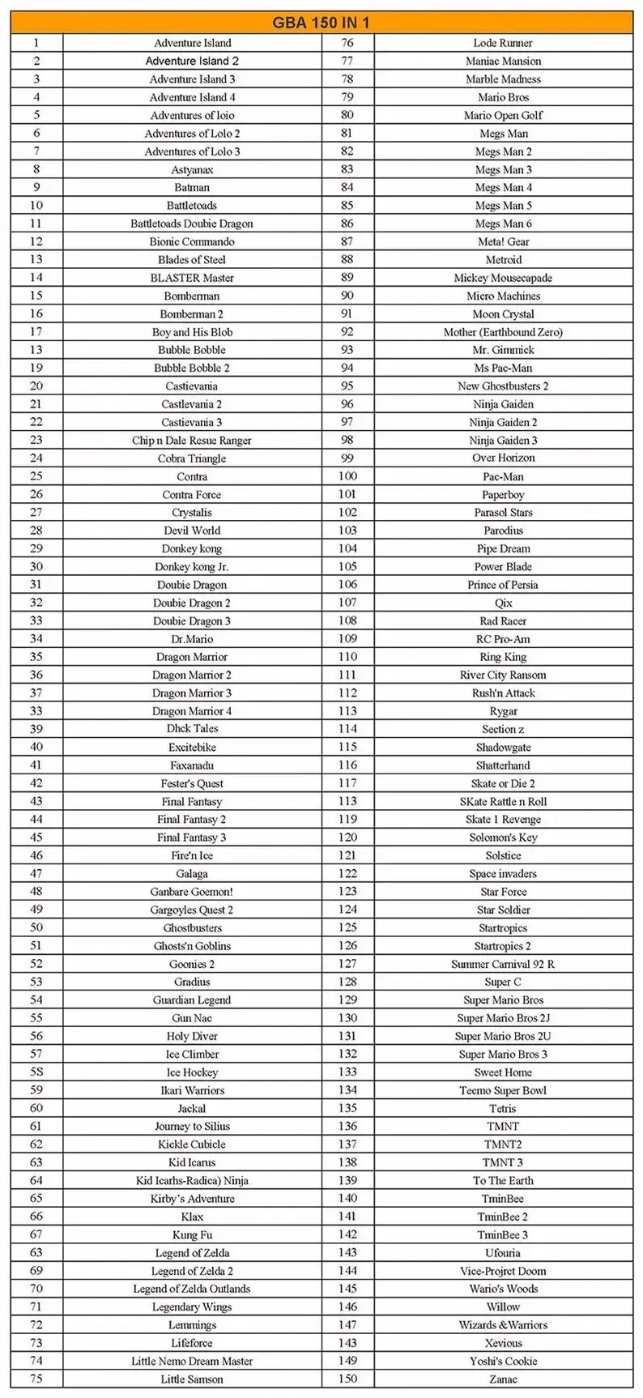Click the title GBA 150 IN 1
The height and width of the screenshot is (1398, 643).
coord(321,23)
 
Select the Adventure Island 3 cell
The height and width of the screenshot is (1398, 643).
coord(192,79)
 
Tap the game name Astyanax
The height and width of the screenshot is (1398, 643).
coord(192,169)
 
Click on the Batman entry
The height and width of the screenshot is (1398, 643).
coord(192,187)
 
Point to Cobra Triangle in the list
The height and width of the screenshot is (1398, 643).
coord(192,458)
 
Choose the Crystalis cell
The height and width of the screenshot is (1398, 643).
coord(192,513)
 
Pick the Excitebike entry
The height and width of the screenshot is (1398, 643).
coord(192,747)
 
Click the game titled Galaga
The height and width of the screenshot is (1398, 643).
coord(192,873)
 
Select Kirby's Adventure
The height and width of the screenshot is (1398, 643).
coord(192,1199)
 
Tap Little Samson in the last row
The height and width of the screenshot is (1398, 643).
coord(192,1379)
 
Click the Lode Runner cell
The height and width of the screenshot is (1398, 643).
coord(503,43)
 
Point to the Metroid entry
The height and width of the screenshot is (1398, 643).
coord(503,260)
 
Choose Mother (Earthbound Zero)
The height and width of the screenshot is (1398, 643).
coord(503,332)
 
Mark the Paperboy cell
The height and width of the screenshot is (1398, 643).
coord(503,495)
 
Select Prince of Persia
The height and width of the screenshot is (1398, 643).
coord(503,585)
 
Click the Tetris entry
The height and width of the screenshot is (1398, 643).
coord(503,1108)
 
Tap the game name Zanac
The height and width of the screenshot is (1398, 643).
coord(503,1379)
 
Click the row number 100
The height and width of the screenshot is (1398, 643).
coord(347,476)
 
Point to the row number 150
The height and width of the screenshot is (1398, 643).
coord(347,1379)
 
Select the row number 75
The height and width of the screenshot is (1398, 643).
coord(36,1379)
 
